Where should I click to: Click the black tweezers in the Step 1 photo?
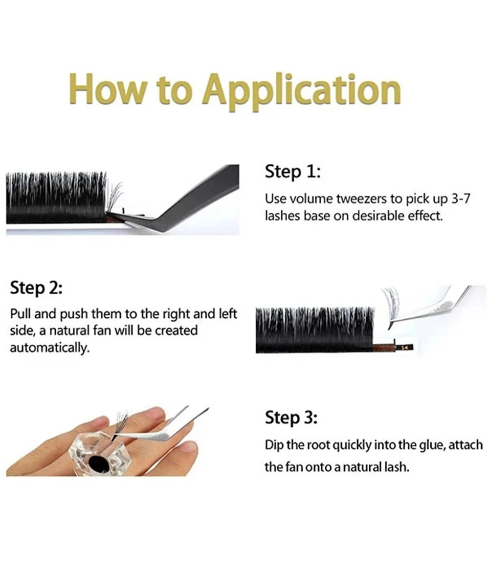point(196,196)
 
